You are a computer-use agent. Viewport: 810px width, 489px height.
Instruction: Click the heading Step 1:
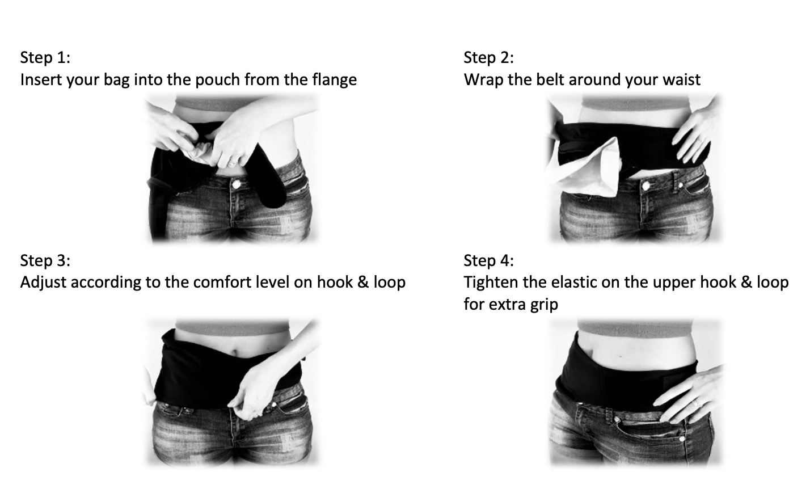point(45,57)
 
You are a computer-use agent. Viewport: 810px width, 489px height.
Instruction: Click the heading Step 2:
point(489,57)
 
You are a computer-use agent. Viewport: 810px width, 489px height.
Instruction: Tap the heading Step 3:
point(45,260)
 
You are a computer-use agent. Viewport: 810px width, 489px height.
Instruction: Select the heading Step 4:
point(489,260)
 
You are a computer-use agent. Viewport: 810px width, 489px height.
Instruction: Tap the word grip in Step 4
point(543,304)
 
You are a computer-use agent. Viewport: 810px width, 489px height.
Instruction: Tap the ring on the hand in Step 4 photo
point(695,402)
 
